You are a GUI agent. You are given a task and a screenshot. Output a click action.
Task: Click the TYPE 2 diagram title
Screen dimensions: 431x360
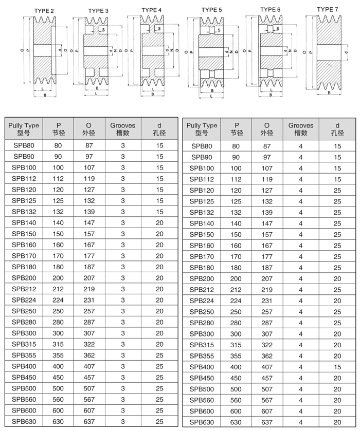(x=44, y=10)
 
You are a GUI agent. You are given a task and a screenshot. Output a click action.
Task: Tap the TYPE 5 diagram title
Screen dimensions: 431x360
(x=211, y=9)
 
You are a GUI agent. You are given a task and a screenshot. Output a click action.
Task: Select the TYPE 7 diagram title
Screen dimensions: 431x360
(x=328, y=9)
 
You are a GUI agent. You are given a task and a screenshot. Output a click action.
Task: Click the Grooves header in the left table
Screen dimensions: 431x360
(x=122, y=128)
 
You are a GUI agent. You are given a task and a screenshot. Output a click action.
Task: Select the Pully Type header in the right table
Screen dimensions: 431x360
(x=202, y=128)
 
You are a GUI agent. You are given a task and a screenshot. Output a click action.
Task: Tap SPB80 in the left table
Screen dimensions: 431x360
(x=24, y=145)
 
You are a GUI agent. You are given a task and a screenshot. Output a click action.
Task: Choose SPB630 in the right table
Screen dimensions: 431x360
(x=202, y=422)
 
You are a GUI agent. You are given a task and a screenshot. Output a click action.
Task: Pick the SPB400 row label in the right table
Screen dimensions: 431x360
(x=202, y=367)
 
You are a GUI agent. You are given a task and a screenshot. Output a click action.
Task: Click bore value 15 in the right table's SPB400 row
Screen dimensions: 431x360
(x=337, y=367)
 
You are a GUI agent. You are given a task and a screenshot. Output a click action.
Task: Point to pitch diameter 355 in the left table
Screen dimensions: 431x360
(x=58, y=355)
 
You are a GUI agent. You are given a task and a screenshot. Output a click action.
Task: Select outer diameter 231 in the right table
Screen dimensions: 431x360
(x=266, y=301)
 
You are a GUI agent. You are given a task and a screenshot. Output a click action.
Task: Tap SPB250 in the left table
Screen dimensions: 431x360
(x=24, y=311)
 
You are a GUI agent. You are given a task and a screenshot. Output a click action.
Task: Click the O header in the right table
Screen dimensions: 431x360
(x=266, y=128)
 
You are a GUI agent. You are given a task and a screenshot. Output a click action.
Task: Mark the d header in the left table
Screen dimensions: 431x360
(x=159, y=128)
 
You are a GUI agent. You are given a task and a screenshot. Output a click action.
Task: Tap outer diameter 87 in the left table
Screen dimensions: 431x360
(x=88, y=145)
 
